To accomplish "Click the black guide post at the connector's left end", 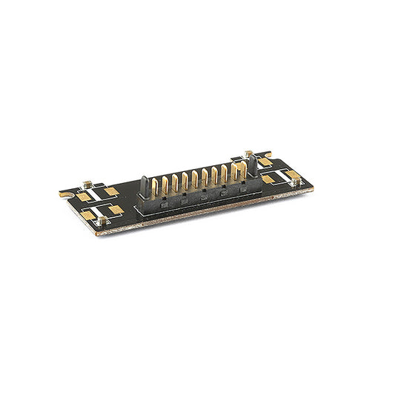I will pyautogui.click(x=144, y=185).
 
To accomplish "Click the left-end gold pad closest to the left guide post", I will pyautogui.click(x=112, y=191).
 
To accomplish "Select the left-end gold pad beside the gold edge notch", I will pyautogui.click(x=84, y=196).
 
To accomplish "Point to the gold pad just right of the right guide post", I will pyautogui.click(x=265, y=162).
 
